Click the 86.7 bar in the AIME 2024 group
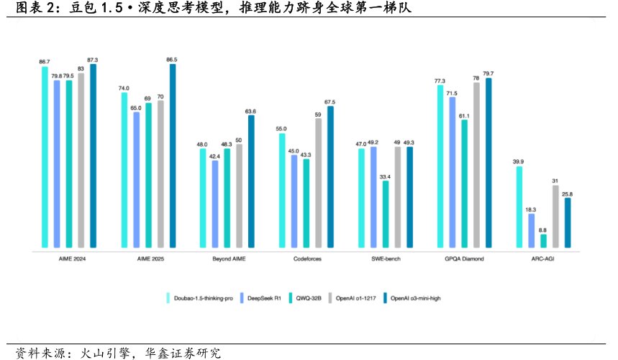[45, 158]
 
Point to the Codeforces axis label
[307, 258]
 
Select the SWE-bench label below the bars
[386, 258]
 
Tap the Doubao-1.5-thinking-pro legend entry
[202, 296]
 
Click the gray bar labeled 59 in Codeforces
[318, 184]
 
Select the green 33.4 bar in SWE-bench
[386, 214]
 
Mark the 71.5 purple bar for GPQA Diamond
[452, 174]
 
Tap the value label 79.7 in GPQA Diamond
[489, 74]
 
